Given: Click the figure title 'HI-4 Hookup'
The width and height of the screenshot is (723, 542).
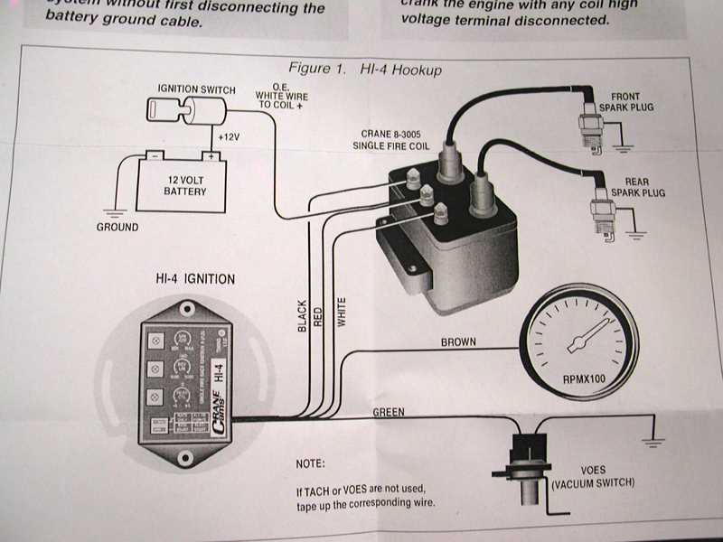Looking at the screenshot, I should (397, 69).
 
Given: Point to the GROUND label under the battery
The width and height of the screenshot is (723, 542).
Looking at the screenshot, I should (117, 227).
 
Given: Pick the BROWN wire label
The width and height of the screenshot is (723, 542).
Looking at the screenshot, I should (460, 342).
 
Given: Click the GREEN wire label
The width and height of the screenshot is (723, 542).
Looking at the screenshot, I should (388, 412).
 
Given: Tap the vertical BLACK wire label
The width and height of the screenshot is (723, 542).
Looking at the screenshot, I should (302, 316).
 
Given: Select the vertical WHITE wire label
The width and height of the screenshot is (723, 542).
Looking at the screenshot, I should (342, 311).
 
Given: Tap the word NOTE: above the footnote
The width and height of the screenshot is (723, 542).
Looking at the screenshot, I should (311, 463).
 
